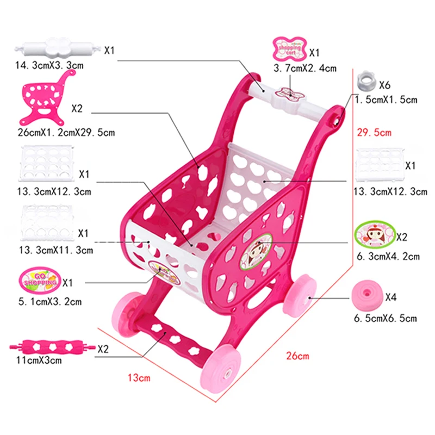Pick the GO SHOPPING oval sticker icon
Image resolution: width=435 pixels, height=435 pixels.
[39, 280]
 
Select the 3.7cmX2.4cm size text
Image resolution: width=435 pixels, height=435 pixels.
[305, 69]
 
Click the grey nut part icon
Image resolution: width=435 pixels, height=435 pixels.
[365, 82]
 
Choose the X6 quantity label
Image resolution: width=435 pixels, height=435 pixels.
[384, 85]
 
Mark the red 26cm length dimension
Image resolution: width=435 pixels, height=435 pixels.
[297, 356]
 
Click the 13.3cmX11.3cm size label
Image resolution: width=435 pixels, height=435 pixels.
[54, 250]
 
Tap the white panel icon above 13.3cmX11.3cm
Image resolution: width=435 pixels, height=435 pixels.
[46, 223]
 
